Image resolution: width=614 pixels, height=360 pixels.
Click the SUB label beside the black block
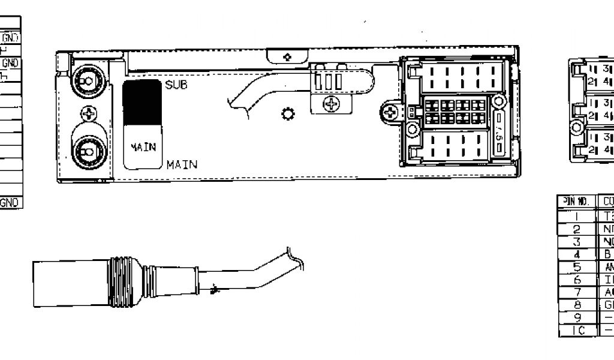(x=176, y=85)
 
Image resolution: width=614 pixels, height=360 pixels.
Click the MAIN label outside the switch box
(x=182, y=164)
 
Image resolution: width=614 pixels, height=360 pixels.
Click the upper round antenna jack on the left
(x=88, y=80)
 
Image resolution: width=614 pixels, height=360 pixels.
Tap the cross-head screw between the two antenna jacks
(x=88, y=113)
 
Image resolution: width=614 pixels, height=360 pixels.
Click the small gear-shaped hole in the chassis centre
(x=287, y=113)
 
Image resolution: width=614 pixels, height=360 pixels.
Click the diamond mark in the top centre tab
(x=287, y=57)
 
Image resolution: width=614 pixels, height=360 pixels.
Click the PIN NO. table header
(x=576, y=201)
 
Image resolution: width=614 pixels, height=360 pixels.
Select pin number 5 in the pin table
(x=576, y=267)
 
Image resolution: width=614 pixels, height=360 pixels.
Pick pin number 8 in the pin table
(x=576, y=304)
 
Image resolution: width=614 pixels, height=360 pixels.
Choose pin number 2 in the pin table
(x=576, y=229)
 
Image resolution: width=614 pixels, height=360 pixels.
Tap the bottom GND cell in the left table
(x=11, y=203)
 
